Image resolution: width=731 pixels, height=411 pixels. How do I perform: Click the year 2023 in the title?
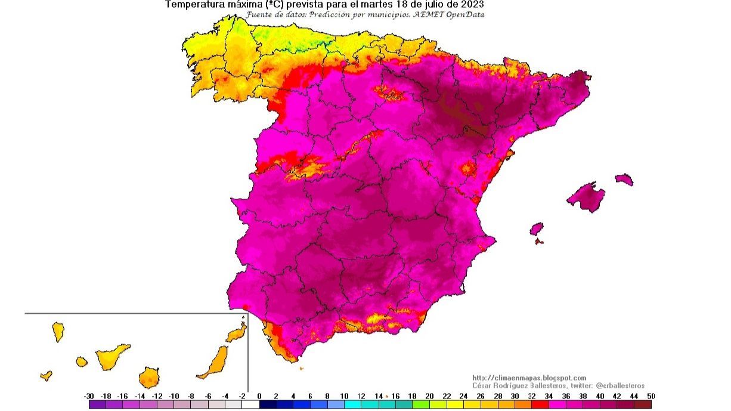pyautogui.click(x=470, y=4)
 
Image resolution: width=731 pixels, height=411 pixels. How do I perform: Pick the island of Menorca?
pyautogui.click(x=624, y=179)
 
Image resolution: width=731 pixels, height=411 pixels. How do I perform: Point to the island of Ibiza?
pyautogui.click(x=537, y=229)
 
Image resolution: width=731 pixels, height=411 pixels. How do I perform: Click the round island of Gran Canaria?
pyautogui.click(x=148, y=377)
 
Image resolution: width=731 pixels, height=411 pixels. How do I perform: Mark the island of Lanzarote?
pyautogui.click(x=237, y=332)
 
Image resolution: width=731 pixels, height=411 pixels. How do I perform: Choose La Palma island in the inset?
pyautogui.click(x=58, y=331)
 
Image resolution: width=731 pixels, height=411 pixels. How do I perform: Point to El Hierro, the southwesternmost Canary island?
pyautogui.click(x=46, y=375)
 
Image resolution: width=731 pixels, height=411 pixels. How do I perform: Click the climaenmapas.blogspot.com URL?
pyautogui.click(x=529, y=378)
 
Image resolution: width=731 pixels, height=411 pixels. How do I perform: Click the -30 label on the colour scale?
pyautogui.click(x=89, y=396)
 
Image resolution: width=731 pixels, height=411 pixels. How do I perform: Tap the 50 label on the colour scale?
pyautogui.click(x=651, y=396)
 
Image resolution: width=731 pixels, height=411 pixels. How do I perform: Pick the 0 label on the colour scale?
pyautogui.click(x=259, y=396)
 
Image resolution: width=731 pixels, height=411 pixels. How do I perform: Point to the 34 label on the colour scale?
pyautogui.click(x=549, y=396)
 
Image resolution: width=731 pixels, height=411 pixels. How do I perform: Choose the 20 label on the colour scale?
pyautogui.click(x=429, y=396)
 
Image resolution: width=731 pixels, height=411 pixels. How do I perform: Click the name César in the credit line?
pyautogui.click(x=482, y=386)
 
